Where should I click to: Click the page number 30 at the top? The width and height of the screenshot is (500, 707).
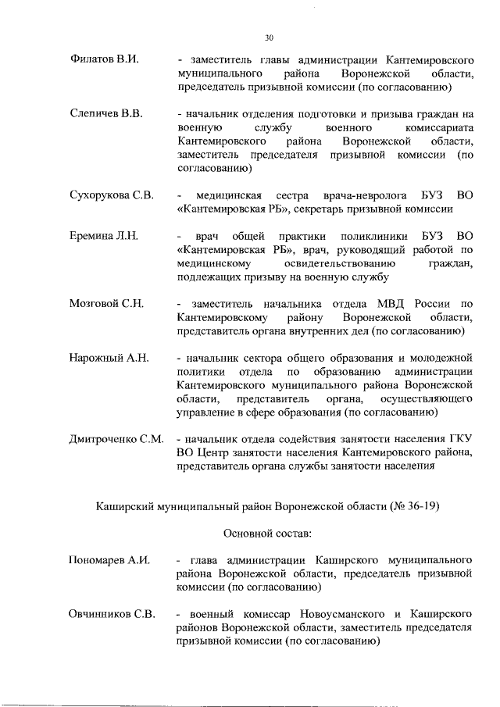coord(269,37)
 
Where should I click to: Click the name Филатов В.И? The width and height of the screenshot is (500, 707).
coord(104,59)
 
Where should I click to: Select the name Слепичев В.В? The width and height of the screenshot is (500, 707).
coord(105,114)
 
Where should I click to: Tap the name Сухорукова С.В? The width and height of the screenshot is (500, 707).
coord(112,194)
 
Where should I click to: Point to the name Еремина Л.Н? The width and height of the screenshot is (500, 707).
coord(104,235)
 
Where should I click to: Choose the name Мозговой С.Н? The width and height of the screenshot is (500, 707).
coord(106,303)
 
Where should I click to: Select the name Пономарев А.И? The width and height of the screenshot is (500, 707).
coord(109,560)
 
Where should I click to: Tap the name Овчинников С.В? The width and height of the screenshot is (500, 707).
coord(112,614)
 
